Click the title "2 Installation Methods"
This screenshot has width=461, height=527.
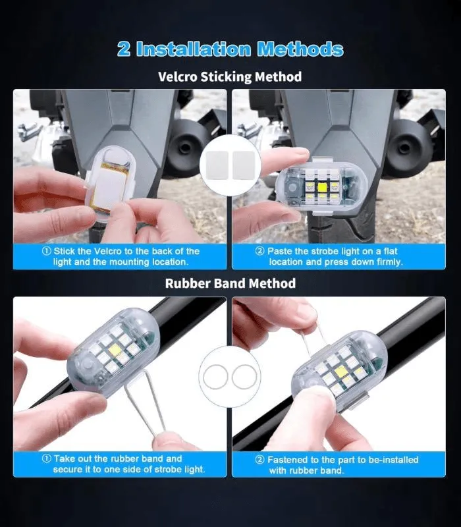230,49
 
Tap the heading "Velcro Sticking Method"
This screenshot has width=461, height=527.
230,76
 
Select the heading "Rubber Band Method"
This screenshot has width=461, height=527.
230,283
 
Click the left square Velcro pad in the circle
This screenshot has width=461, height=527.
217,165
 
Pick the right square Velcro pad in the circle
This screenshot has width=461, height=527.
244,165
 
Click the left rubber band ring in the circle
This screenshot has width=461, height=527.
203,376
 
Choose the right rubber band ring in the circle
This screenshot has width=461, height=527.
232,376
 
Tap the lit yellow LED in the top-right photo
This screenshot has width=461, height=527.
322,186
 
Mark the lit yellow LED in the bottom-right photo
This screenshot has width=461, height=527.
340,372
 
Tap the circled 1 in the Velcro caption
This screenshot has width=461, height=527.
47,251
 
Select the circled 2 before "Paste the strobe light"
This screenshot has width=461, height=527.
259,251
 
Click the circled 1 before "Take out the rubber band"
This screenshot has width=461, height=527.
47,458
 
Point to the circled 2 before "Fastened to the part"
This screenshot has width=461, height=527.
259,459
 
